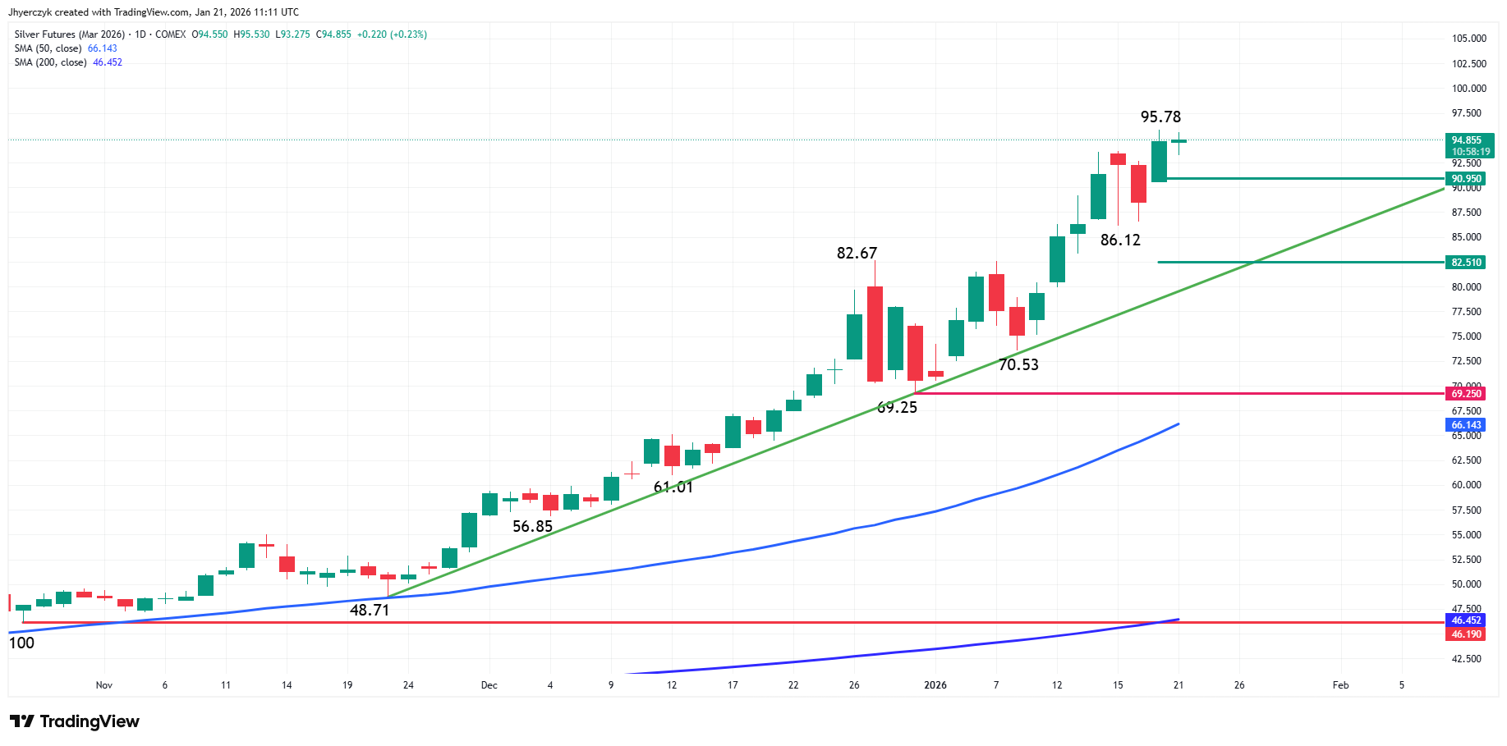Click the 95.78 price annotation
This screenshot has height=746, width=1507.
point(1160,117)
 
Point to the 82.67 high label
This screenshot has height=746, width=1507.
point(857,254)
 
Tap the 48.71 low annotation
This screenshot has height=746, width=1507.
point(370,611)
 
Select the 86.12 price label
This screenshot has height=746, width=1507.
point(1120,240)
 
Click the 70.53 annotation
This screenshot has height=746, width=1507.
point(1018,365)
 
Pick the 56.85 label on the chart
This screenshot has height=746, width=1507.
point(532,527)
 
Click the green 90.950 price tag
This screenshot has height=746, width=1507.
point(1466,179)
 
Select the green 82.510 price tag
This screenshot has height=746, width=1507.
point(1466,263)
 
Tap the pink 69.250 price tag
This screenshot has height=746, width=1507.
point(1466,394)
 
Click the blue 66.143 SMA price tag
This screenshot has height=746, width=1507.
point(1466,425)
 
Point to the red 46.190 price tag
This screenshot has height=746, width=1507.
point(1466,634)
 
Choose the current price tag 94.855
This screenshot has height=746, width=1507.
point(1466,140)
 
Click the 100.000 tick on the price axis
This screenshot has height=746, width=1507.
point(1468,89)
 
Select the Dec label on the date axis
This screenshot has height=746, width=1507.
point(489,685)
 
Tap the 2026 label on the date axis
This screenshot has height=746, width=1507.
point(935,685)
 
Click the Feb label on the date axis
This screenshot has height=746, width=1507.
point(1340,685)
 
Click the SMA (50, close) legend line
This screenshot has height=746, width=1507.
point(66,48)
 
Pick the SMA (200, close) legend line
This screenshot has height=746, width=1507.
point(68,62)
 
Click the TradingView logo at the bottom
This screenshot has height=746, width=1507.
point(75,721)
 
